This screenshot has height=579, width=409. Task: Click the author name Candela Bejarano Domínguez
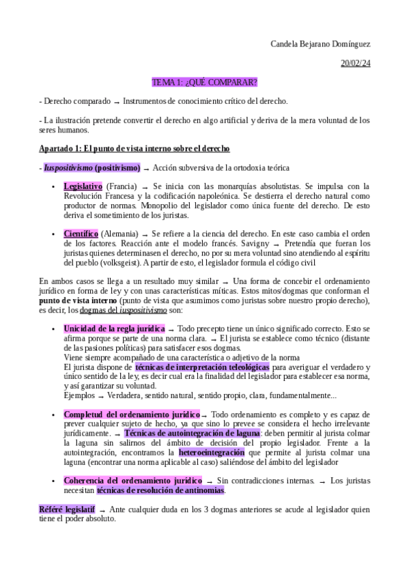pyautogui.click(x=320, y=44)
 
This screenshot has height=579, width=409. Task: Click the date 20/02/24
pyautogui.click(x=355, y=63)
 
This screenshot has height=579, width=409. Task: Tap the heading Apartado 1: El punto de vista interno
pyautogui.click(x=135, y=148)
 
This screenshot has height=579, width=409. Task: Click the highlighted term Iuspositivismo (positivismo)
pyautogui.click(x=92, y=167)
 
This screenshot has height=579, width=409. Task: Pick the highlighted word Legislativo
pyautogui.click(x=83, y=186)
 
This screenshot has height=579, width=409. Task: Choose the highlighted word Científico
pyautogui.click(x=81, y=234)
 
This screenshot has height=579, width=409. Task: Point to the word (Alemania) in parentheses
pyautogui.click(x=118, y=234)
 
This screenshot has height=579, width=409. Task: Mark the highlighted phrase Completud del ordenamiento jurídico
pyautogui.click(x=132, y=414)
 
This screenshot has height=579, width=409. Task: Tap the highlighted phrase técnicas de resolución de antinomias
pyautogui.click(x=160, y=490)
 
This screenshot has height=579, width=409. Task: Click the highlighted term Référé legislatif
pyautogui.click(x=67, y=509)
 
